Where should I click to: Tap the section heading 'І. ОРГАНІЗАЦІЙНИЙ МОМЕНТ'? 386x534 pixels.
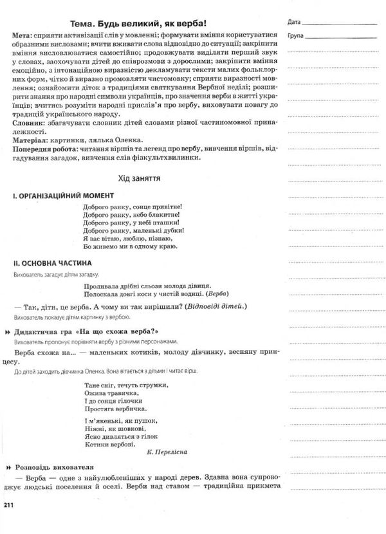pyautogui.click(x=63, y=195)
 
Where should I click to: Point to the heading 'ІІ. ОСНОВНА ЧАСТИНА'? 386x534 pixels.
pyautogui.click(x=53, y=262)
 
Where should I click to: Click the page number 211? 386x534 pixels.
pyautogui.click(x=8, y=506)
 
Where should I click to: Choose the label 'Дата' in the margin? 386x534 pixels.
pyautogui.click(x=294, y=21)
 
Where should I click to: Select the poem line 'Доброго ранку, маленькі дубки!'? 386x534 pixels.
pyautogui.click(x=134, y=229)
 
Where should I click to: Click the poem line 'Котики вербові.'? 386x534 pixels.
pyautogui.click(x=109, y=444)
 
